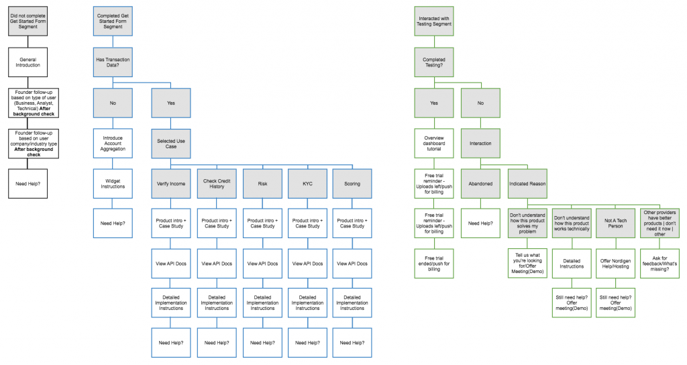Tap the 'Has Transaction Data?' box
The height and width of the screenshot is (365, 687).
pos(113,62)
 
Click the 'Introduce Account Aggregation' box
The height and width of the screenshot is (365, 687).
pos(113,143)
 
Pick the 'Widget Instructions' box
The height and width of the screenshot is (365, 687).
pos(113,182)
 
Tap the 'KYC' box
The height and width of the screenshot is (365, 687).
pos(307,183)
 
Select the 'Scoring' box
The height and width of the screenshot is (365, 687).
pos(352,183)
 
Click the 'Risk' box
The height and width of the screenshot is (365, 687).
pos(262,183)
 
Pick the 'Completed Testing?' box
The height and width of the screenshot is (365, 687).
pos(434,62)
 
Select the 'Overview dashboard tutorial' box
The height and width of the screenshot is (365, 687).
pos(434,143)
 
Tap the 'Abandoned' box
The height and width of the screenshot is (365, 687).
pos(480,183)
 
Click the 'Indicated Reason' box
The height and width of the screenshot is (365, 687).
pos(527,183)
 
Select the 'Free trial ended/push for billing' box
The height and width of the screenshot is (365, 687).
pos(434,262)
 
